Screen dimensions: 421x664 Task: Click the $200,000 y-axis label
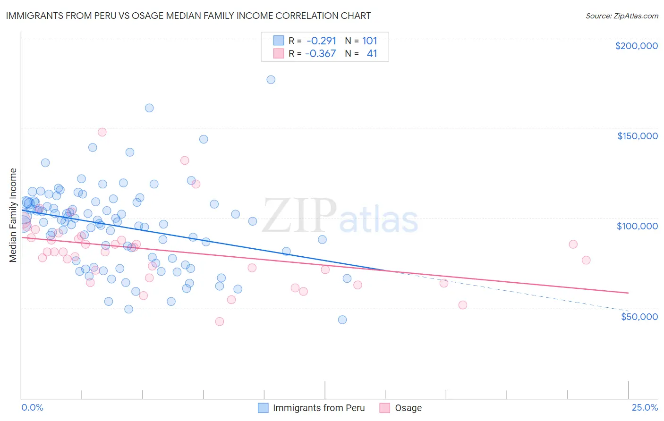[636, 46]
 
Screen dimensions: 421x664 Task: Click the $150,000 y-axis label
[637, 136]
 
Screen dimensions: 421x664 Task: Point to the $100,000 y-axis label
[637, 226]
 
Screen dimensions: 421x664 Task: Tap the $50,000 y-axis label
[639, 316]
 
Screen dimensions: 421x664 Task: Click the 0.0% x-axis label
[32, 407]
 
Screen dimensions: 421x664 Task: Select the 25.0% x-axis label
[645, 407]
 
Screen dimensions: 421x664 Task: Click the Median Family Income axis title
[13, 215]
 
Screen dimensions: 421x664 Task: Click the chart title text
[188, 16]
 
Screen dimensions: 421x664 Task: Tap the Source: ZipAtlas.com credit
[621, 16]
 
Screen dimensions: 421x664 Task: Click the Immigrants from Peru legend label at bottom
[319, 408]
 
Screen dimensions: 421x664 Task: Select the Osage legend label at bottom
[408, 408]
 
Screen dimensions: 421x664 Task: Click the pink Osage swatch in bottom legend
[385, 408]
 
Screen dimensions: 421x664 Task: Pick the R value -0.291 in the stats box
[321, 41]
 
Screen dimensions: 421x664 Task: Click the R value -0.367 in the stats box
[320, 54]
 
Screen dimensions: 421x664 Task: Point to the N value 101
[369, 41]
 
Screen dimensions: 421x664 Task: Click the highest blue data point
[271, 80]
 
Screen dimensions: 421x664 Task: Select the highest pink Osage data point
[102, 132]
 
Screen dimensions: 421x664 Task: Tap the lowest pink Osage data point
[219, 321]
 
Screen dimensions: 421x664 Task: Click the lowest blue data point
[342, 320]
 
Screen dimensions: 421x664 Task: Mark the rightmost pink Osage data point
[586, 260]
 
